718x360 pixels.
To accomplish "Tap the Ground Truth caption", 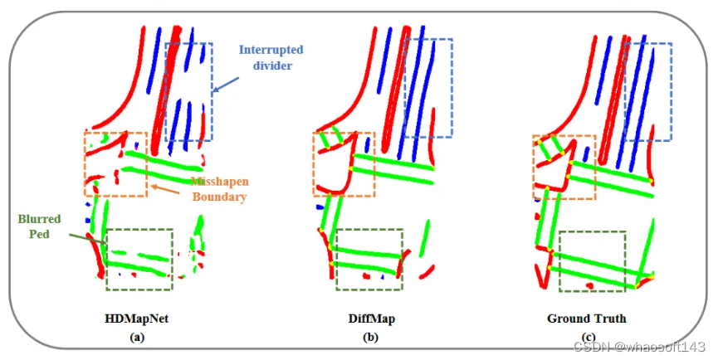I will pos(586,319).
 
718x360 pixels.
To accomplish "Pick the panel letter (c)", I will pos(587,336).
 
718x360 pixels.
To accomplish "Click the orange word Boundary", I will pos(218,197).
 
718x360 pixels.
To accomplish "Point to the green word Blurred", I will pos(39,219).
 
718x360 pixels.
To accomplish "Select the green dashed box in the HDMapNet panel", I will pos(139,259).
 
